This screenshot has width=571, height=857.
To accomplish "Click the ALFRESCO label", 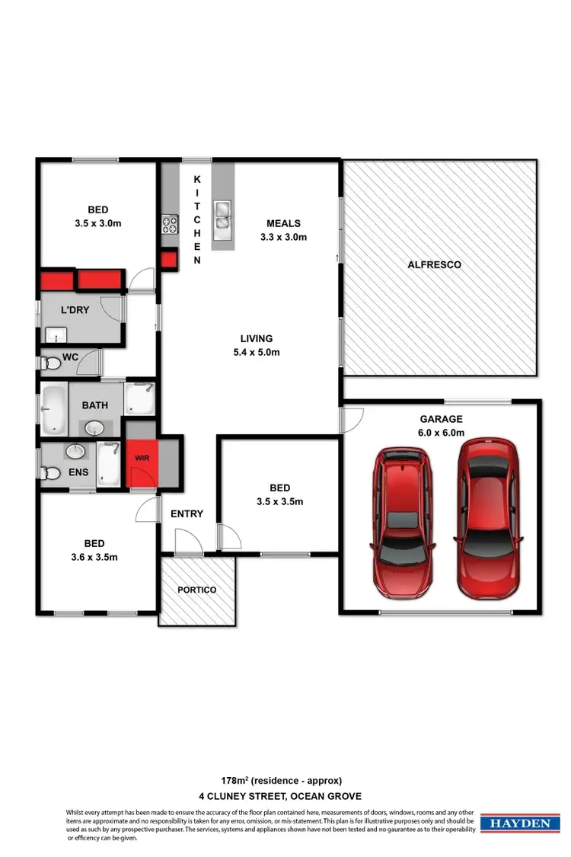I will [439, 265].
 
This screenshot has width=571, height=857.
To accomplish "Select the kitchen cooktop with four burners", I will [168, 223].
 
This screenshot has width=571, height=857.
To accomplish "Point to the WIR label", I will [142, 459].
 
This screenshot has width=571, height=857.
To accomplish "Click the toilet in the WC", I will [50, 363].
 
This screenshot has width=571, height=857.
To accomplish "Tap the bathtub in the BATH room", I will [53, 409].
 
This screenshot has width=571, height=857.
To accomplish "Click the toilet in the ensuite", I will [51, 474].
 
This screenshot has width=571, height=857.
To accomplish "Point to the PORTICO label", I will [197, 590].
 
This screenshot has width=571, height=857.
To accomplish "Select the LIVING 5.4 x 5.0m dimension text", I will [256, 352].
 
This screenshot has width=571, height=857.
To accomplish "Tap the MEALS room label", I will [283, 223].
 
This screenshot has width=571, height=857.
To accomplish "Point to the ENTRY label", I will [187, 513].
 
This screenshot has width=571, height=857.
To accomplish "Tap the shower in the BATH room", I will [139, 398].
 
